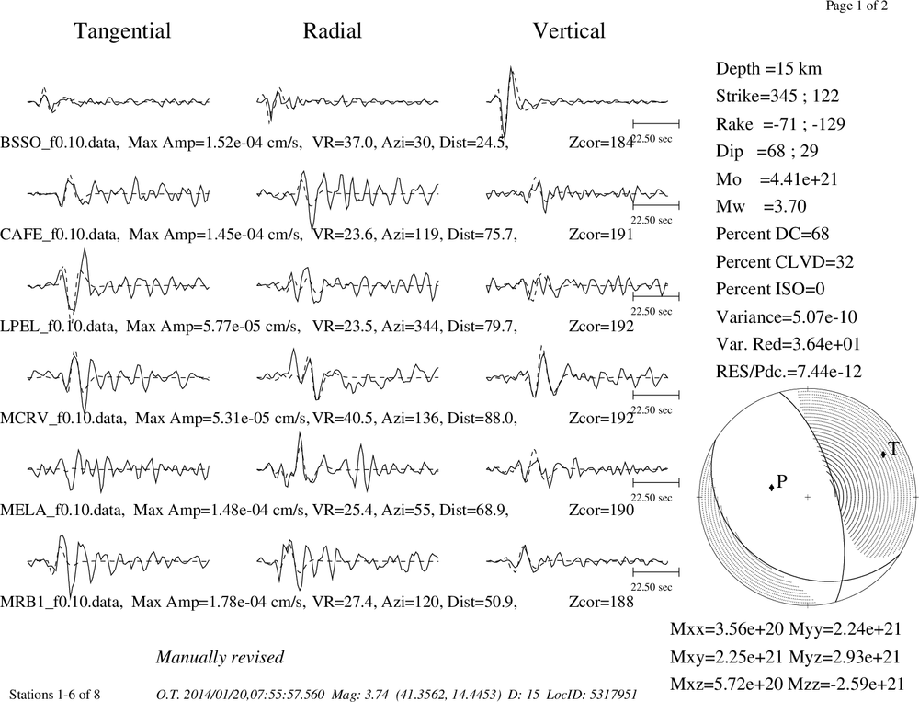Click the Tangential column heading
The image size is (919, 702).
point(122,31)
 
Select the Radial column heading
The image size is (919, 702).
point(333,30)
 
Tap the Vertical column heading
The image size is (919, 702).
point(569,30)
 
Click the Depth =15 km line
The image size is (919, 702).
point(768,69)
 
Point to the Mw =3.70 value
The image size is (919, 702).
point(761,207)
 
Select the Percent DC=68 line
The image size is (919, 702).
point(773,235)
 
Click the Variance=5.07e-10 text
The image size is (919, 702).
point(787,316)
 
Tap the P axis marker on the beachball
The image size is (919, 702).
point(771,488)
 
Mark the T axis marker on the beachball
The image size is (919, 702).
point(883,454)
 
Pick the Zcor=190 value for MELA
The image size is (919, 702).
point(601,510)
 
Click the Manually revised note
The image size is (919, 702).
point(220,657)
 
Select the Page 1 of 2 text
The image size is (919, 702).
point(857,6)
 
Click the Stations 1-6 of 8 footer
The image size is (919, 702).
point(54,695)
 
